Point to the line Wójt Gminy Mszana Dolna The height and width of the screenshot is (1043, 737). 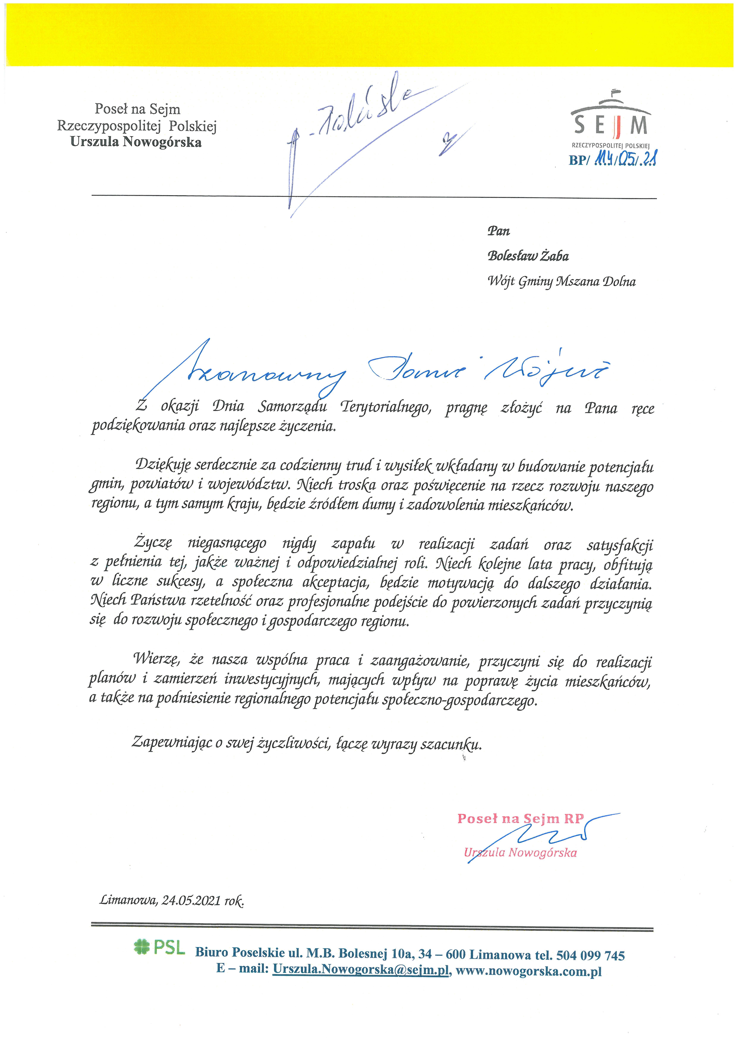[x=561, y=282]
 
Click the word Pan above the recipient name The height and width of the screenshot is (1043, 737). [x=499, y=231]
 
